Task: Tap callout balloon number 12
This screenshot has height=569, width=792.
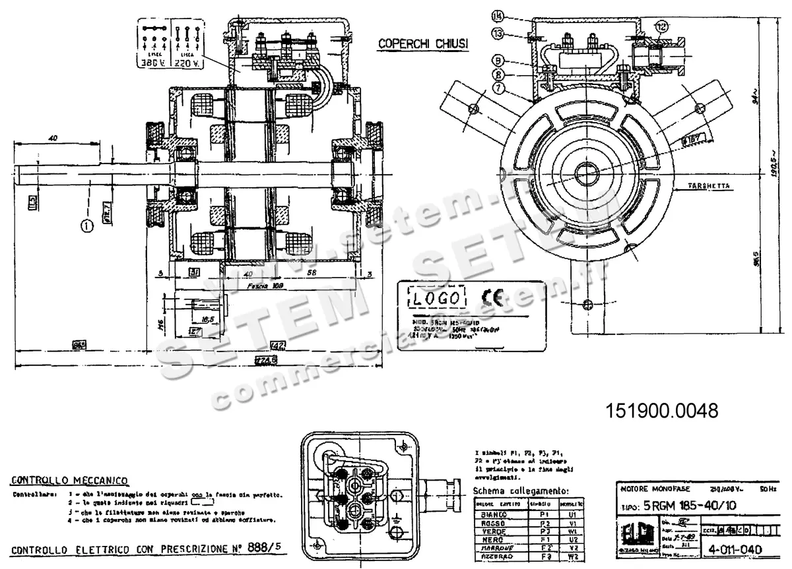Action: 661,26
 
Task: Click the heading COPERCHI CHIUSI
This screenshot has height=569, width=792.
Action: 423,44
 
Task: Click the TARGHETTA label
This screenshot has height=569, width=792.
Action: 709,187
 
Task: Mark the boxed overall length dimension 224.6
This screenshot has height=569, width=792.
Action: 267,359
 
